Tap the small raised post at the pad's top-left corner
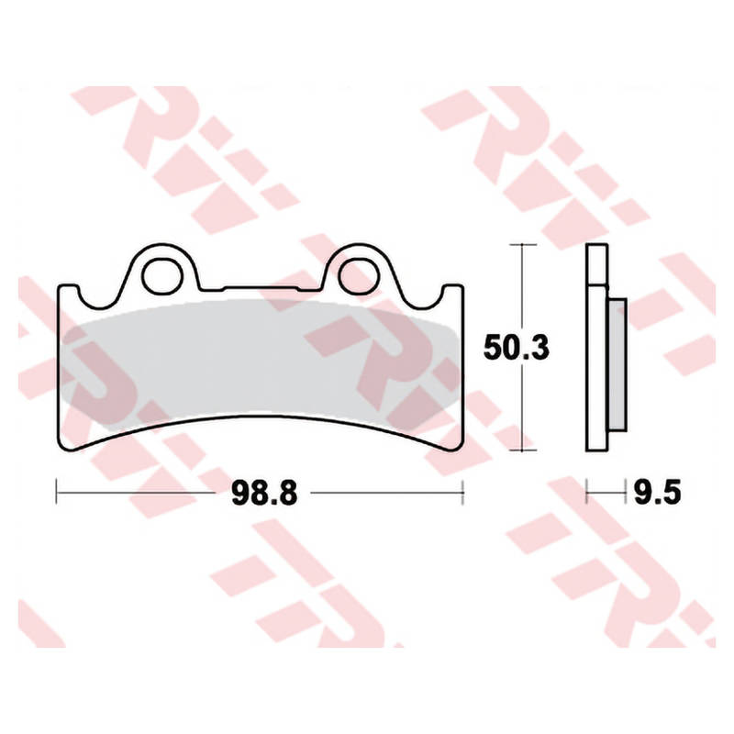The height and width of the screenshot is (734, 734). (67, 291)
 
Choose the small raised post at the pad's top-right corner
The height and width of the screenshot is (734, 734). (452, 291)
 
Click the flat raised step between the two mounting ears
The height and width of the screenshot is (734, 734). (261, 286)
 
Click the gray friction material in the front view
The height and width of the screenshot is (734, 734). (261, 358)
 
